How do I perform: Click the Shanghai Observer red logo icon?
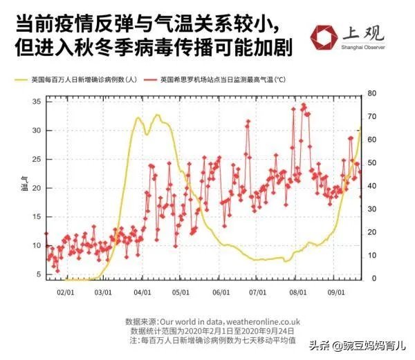(x=323, y=39)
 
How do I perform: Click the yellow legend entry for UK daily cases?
(x=77, y=80)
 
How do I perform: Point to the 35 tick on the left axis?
(x=37, y=102)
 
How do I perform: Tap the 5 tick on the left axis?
(x=39, y=274)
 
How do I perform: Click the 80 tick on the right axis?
(x=371, y=93)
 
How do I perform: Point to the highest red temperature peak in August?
(x=303, y=104)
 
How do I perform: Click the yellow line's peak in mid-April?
(x=158, y=115)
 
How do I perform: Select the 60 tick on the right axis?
(x=371, y=140)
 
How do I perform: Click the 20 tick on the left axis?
(x=37, y=188)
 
